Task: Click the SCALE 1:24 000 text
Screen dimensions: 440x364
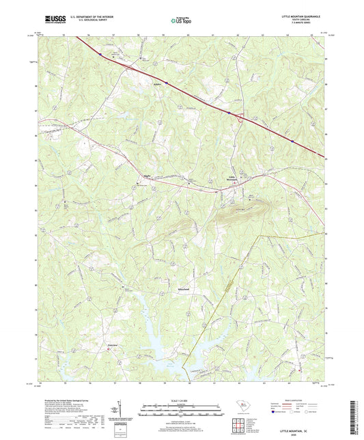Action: pos(181,400)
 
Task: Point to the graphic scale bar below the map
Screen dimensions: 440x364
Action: pos(181,408)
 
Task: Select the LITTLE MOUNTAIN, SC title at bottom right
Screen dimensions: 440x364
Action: pos(304,424)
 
